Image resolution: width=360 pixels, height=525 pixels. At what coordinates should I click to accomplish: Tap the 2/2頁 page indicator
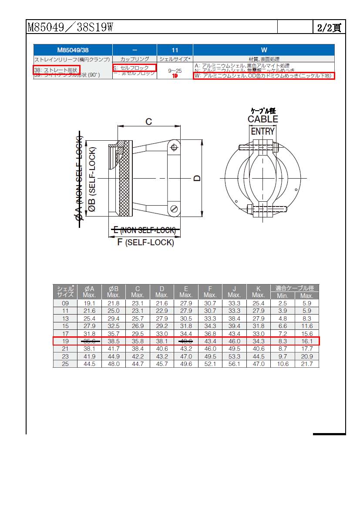click(329, 27)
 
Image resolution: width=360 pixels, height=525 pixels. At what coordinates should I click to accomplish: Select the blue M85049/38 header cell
click(73, 50)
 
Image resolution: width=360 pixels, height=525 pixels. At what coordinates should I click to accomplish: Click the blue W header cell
click(264, 50)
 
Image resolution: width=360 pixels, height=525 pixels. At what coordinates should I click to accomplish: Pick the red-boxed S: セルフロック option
click(134, 68)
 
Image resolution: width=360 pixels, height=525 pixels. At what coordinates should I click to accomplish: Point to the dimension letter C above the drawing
click(148, 122)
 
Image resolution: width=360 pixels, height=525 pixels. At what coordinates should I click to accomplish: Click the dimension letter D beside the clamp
click(197, 178)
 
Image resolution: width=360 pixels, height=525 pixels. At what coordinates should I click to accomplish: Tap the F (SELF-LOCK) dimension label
click(145, 242)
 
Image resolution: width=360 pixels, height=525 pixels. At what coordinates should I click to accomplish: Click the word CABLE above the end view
click(262, 119)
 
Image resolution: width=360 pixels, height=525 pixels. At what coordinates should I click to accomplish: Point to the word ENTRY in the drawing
click(262, 131)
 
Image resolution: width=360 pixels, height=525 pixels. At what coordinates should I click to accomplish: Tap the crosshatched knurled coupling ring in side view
click(125, 179)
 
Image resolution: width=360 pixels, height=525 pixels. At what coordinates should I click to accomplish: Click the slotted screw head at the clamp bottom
click(174, 209)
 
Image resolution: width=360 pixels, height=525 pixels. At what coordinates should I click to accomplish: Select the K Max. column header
click(258, 291)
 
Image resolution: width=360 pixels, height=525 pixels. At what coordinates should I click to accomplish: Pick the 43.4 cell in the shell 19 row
click(210, 341)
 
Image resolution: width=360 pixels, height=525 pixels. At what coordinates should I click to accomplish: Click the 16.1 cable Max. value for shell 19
click(306, 341)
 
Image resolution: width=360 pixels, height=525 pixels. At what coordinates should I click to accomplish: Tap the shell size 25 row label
click(65, 364)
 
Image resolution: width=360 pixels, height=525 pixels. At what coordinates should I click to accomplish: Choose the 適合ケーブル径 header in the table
click(295, 288)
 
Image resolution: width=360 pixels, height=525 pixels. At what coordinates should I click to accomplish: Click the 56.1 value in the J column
click(234, 364)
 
